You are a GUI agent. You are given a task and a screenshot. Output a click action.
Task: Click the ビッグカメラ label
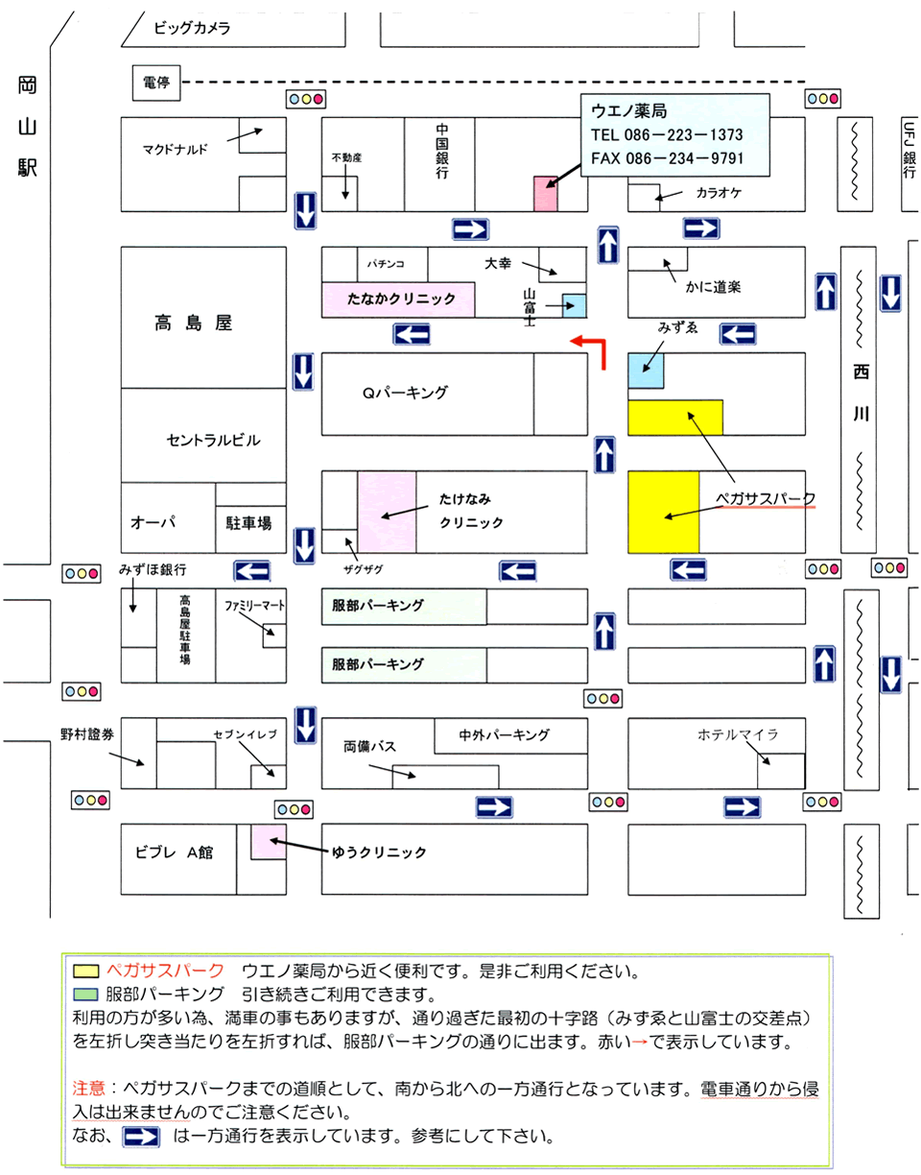[192, 29]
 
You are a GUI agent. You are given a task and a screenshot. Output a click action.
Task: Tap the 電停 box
[156, 84]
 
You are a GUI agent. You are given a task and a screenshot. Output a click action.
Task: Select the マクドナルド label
[175, 148]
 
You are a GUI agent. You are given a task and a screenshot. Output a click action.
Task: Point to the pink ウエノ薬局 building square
[546, 194]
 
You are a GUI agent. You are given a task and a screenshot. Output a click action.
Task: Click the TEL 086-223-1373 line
[666, 135]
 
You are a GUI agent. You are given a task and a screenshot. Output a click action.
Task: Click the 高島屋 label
[194, 324]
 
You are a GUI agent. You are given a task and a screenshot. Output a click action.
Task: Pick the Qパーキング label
[405, 392]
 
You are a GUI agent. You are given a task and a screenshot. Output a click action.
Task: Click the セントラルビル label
[213, 440]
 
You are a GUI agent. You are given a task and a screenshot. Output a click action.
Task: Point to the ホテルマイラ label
[738, 734]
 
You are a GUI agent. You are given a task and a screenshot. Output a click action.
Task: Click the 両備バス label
[369, 746]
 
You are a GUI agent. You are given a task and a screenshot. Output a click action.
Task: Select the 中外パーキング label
[504, 735]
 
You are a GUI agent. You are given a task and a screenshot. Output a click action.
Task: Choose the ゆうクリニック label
[379, 851]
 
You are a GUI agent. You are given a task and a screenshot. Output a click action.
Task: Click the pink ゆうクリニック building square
[267, 842]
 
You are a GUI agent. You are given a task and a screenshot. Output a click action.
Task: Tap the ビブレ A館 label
[173, 851]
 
